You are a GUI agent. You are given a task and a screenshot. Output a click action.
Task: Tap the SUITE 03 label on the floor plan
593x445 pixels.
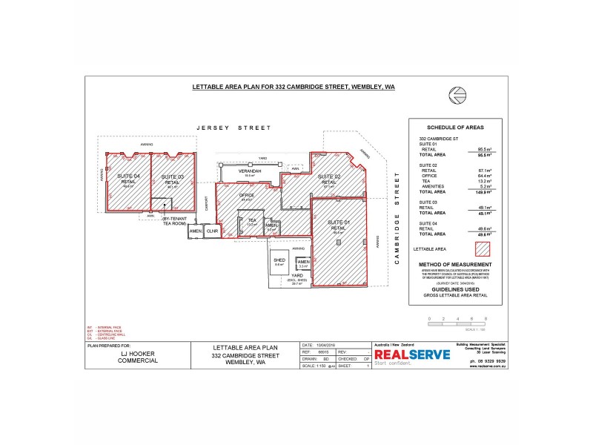[x=172, y=177]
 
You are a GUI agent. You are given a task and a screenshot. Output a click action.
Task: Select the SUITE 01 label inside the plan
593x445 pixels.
[x=337, y=222]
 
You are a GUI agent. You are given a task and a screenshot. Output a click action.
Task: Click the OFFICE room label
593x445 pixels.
[x=247, y=195]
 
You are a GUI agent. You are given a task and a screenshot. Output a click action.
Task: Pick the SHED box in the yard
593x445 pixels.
[x=279, y=262]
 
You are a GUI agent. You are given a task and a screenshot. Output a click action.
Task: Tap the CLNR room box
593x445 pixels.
[x=211, y=231]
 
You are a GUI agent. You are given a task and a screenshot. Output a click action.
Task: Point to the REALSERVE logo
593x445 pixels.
[x=412, y=355]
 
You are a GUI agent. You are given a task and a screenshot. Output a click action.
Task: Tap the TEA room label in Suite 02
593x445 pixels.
[x=251, y=220]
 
